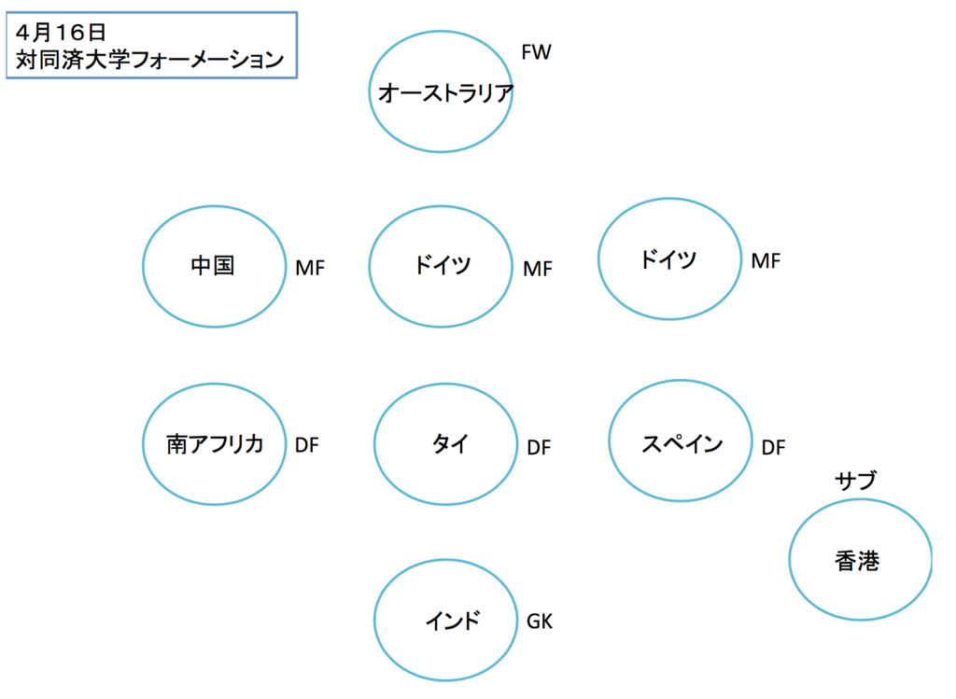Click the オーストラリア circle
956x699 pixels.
441,91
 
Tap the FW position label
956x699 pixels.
536,53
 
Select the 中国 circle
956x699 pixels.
214,266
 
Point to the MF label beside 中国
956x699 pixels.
310,269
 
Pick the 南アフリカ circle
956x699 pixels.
214,444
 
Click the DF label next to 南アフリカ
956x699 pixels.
307,445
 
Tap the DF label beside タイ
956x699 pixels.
539,448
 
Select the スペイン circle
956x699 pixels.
681,442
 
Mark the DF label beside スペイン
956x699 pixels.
773,448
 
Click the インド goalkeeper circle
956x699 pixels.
445,620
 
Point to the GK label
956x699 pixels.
540,621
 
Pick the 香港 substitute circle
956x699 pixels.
860,560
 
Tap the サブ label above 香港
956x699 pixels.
856,481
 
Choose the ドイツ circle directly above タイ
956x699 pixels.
441,266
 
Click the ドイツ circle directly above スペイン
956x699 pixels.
668,259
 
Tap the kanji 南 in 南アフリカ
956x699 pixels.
177,444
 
